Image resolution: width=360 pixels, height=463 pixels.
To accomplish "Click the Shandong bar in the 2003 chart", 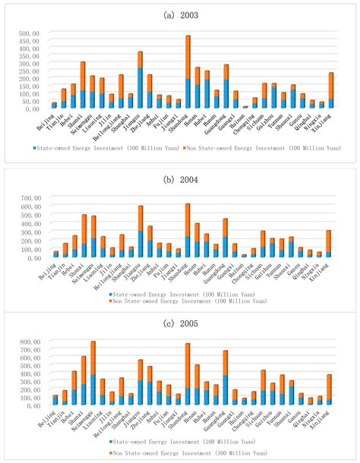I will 188,72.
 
